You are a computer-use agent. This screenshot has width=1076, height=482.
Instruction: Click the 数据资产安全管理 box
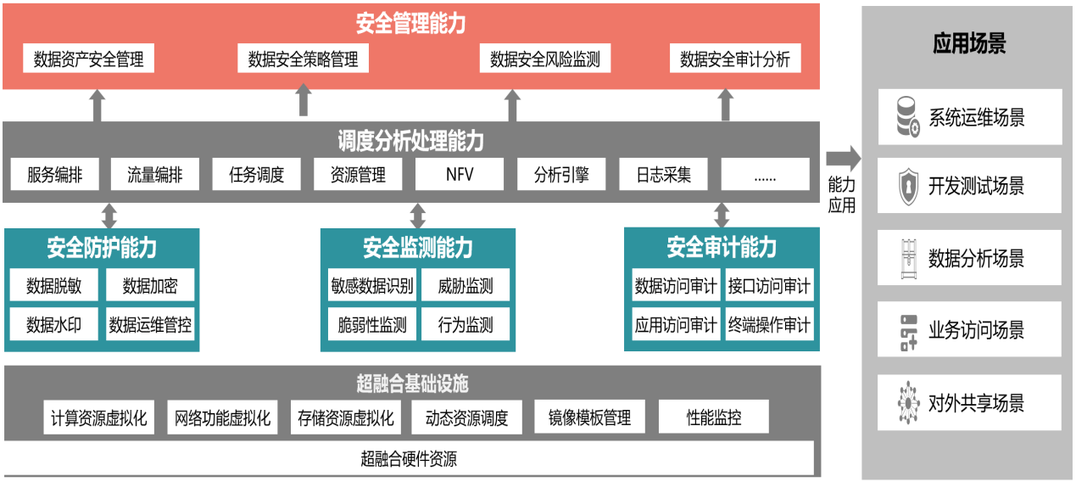(89, 59)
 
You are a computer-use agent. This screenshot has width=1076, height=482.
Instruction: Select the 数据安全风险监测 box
(544, 59)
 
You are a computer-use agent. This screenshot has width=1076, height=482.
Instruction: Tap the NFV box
(459, 175)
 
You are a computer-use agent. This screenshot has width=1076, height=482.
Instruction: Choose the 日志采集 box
(664, 175)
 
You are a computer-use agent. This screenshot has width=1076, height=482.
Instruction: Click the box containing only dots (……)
(765, 175)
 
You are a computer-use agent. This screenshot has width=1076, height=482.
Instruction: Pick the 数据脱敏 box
(54, 285)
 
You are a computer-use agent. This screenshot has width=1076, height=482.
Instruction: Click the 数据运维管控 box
(150, 324)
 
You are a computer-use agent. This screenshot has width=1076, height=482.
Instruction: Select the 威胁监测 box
(466, 285)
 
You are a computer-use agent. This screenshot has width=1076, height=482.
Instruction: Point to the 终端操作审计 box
(769, 324)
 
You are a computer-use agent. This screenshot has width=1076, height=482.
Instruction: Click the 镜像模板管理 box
(589, 418)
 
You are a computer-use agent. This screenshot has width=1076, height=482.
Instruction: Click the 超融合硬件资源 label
(409, 460)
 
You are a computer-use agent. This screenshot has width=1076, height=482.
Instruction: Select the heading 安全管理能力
(410, 23)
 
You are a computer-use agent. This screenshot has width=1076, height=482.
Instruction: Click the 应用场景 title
(969, 44)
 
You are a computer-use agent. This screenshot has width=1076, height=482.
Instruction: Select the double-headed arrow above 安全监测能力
(417, 216)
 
